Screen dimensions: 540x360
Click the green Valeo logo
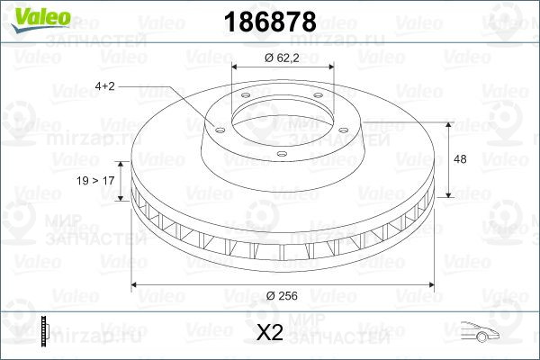pos(40,19)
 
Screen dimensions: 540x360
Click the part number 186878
pos(270,22)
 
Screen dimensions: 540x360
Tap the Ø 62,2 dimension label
pos(282,58)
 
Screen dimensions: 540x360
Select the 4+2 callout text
pos(104,86)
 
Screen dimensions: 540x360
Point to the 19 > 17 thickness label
pos(95,181)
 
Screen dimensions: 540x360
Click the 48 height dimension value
pos(460,159)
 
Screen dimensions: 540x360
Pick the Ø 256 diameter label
pos(282,295)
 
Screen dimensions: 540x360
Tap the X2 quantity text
pos(270,332)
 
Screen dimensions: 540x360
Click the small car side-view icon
pos(480,331)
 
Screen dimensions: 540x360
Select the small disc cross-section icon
pos(45,331)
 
